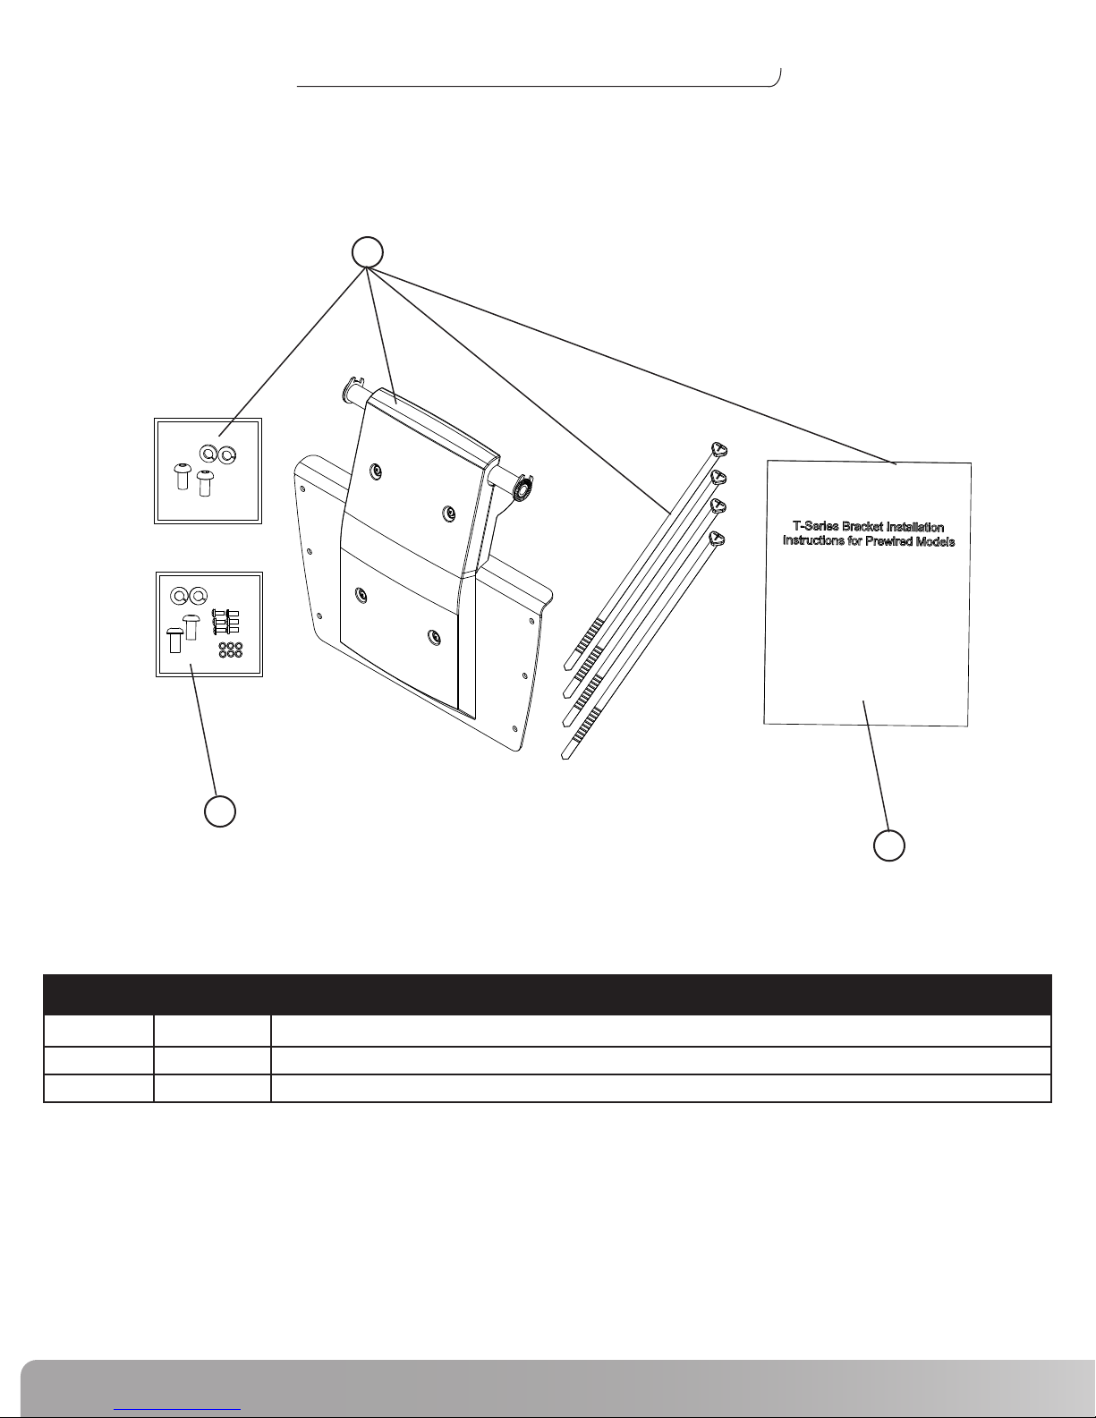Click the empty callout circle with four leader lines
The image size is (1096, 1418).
pyautogui.click(x=368, y=252)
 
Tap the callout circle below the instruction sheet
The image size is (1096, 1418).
pyautogui.click(x=889, y=845)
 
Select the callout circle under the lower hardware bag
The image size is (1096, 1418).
pyautogui.click(x=220, y=811)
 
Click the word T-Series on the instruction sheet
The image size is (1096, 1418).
pyautogui.click(x=815, y=527)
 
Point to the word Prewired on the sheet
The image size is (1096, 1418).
pyautogui.click(x=892, y=541)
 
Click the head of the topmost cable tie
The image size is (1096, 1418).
pyautogui.click(x=717, y=449)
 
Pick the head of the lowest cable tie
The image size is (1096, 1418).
pyautogui.click(x=716, y=539)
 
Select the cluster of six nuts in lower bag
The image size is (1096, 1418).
pyautogui.click(x=230, y=650)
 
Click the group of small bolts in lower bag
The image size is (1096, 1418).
pyautogui.click(x=225, y=622)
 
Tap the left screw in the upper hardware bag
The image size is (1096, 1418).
pyautogui.click(x=182, y=476)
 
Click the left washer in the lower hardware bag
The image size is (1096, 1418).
pyautogui.click(x=180, y=596)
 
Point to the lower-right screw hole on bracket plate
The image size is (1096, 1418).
pyautogui.click(x=432, y=635)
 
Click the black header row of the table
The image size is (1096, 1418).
pyautogui.click(x=548, y=995)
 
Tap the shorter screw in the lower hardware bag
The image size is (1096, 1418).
pyautogui.click(x=174, y=641)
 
